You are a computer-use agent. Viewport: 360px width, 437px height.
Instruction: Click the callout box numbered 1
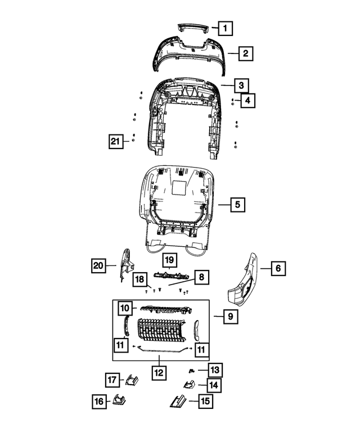pyautogui.click(x=224, y=28)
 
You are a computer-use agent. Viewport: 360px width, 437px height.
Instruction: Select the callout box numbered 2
pyautogui.click(x=245, y=54)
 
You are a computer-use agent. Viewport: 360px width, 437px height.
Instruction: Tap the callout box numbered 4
pyautogui.click(x=246, y=101)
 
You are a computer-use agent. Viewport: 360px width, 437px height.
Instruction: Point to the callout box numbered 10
pyautogui.click(x=125, y=308)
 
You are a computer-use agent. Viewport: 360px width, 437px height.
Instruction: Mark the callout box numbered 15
pyautogui.click(x=206, y=402)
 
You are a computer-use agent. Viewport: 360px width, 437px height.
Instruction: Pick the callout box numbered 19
pyautogui.click(x=169, y=260)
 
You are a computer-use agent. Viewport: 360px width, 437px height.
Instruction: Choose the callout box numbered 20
pyautogui.click(x=100, y=264)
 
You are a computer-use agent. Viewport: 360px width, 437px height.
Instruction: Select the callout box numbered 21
pyautogui.click(x=116, y=142)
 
